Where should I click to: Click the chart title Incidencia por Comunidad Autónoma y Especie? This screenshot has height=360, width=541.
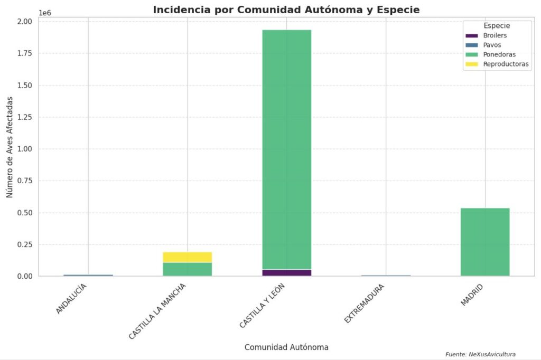coord(286,10)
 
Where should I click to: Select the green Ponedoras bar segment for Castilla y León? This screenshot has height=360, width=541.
coord(286,148)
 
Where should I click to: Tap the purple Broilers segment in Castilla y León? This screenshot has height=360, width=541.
coord(286,272)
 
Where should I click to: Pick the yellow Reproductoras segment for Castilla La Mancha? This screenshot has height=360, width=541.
coord(187,257)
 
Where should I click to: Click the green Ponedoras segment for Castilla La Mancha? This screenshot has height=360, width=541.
coord(187,269)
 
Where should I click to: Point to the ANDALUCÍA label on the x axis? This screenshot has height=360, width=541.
coord(71,299)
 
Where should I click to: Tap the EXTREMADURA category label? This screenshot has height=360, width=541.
coord(364,304)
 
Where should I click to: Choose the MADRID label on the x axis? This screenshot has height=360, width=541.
coord(472,295)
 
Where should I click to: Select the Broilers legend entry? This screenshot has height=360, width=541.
coord(495,35)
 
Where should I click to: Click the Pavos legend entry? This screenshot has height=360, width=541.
coord(492,45)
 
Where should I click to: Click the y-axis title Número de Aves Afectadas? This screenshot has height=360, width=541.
coord(10,149)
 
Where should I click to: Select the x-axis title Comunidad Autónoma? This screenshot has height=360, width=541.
coord(286,347)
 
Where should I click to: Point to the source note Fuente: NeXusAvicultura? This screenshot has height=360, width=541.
coord(480,354)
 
